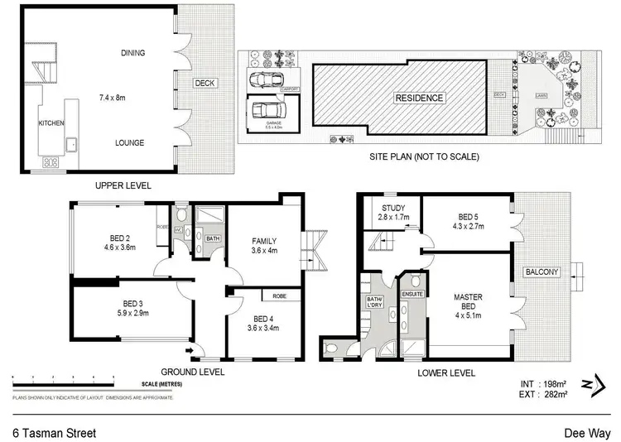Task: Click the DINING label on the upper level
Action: (x=132, y=53)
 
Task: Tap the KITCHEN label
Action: (x=51, y=123)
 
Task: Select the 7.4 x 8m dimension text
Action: (x=131, y=98)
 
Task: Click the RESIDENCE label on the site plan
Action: (x=419, y=98)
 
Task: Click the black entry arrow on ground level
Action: (x=192, y=351)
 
